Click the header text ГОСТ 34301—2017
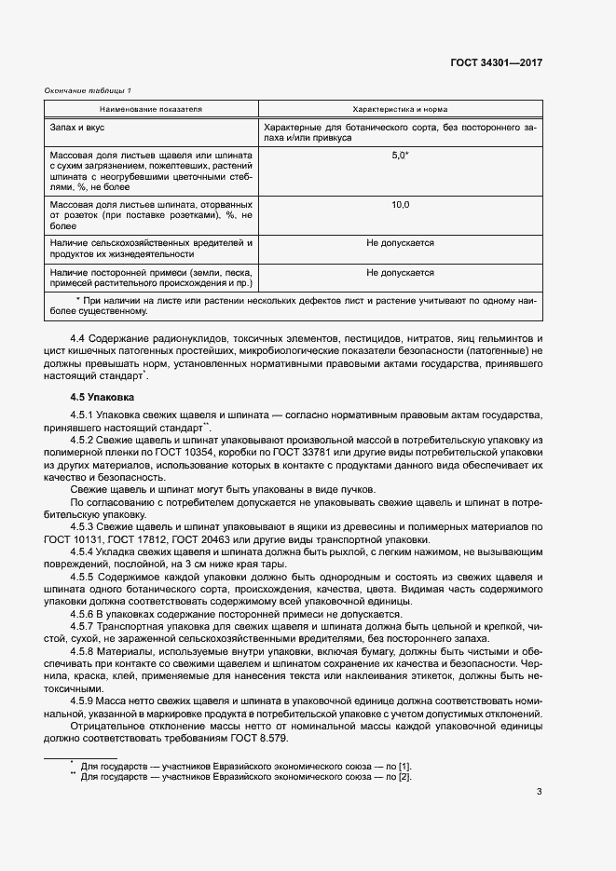pyautogui.click(x=496, y=63)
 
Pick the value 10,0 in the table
pyautogui.click(x=400, y=204)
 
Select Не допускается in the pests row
pyautogui.click(x=400, y=243)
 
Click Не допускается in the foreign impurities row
pyautogui.click(x=400, y=273)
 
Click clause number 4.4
pyautogui.click(x=78, y=337)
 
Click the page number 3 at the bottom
pyautogui.click(x=539, y=792)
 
